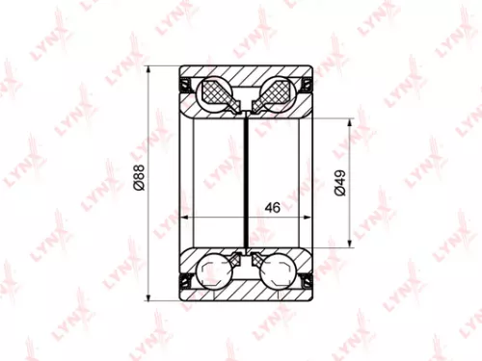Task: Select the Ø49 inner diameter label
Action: coord(340,182)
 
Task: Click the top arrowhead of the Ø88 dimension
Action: coord(150,70)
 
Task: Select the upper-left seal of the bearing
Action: coord(185,83)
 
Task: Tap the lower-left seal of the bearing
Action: coord(185,280)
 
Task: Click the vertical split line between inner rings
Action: coord(247,173)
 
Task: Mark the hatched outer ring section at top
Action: coord(247,74)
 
